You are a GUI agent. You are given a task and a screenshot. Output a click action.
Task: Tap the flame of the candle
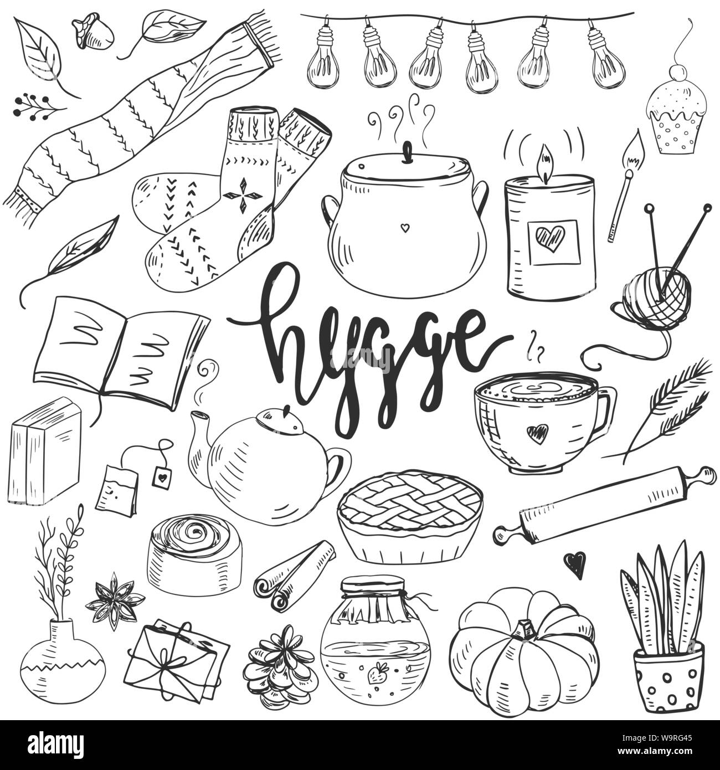click(546, 162)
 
